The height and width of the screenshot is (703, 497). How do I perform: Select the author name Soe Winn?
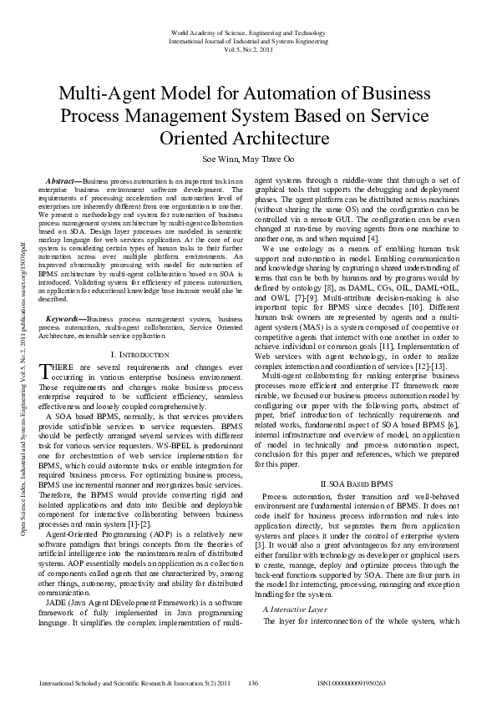(221, 157)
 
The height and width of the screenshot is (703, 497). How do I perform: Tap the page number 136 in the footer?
(254, 683)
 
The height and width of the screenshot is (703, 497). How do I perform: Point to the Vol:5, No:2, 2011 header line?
(248, 48)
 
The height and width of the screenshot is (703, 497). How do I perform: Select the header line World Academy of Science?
(248, 31)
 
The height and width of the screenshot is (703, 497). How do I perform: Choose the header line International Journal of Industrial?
(248, 39)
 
